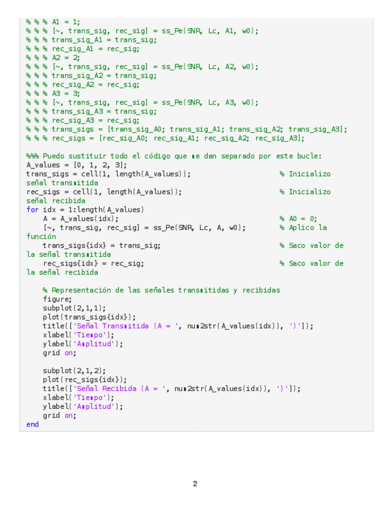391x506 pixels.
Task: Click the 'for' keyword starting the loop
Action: [32, 209]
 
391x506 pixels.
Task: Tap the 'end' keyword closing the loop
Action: [32, 424]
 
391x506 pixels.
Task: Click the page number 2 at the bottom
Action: [195, 484]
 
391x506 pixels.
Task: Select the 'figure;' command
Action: [57, 299]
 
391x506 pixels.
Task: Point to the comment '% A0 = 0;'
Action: [298, 218]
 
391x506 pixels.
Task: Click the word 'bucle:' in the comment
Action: [309, 156]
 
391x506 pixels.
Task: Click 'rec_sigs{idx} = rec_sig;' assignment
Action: [93, 263]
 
